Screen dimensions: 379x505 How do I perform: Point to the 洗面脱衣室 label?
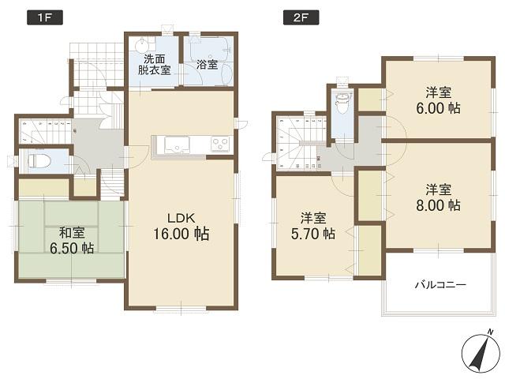pyautogui.click(x=154, y=65)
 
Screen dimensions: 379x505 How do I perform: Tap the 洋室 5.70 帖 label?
pyautogui.click(x=312, y=226)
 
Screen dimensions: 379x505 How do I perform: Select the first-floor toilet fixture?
pyautogui.click(x=37, y=161)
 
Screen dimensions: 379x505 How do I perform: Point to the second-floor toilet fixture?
pyautogui.click(x=342, y=103)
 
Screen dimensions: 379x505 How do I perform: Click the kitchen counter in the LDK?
pyautogui.click(x=193, y=145)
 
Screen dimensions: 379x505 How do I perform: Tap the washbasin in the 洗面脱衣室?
pyautogui.click(x=141, y=45)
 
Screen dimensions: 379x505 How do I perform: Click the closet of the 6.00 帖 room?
pyautogui.click(x=368, y=100)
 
